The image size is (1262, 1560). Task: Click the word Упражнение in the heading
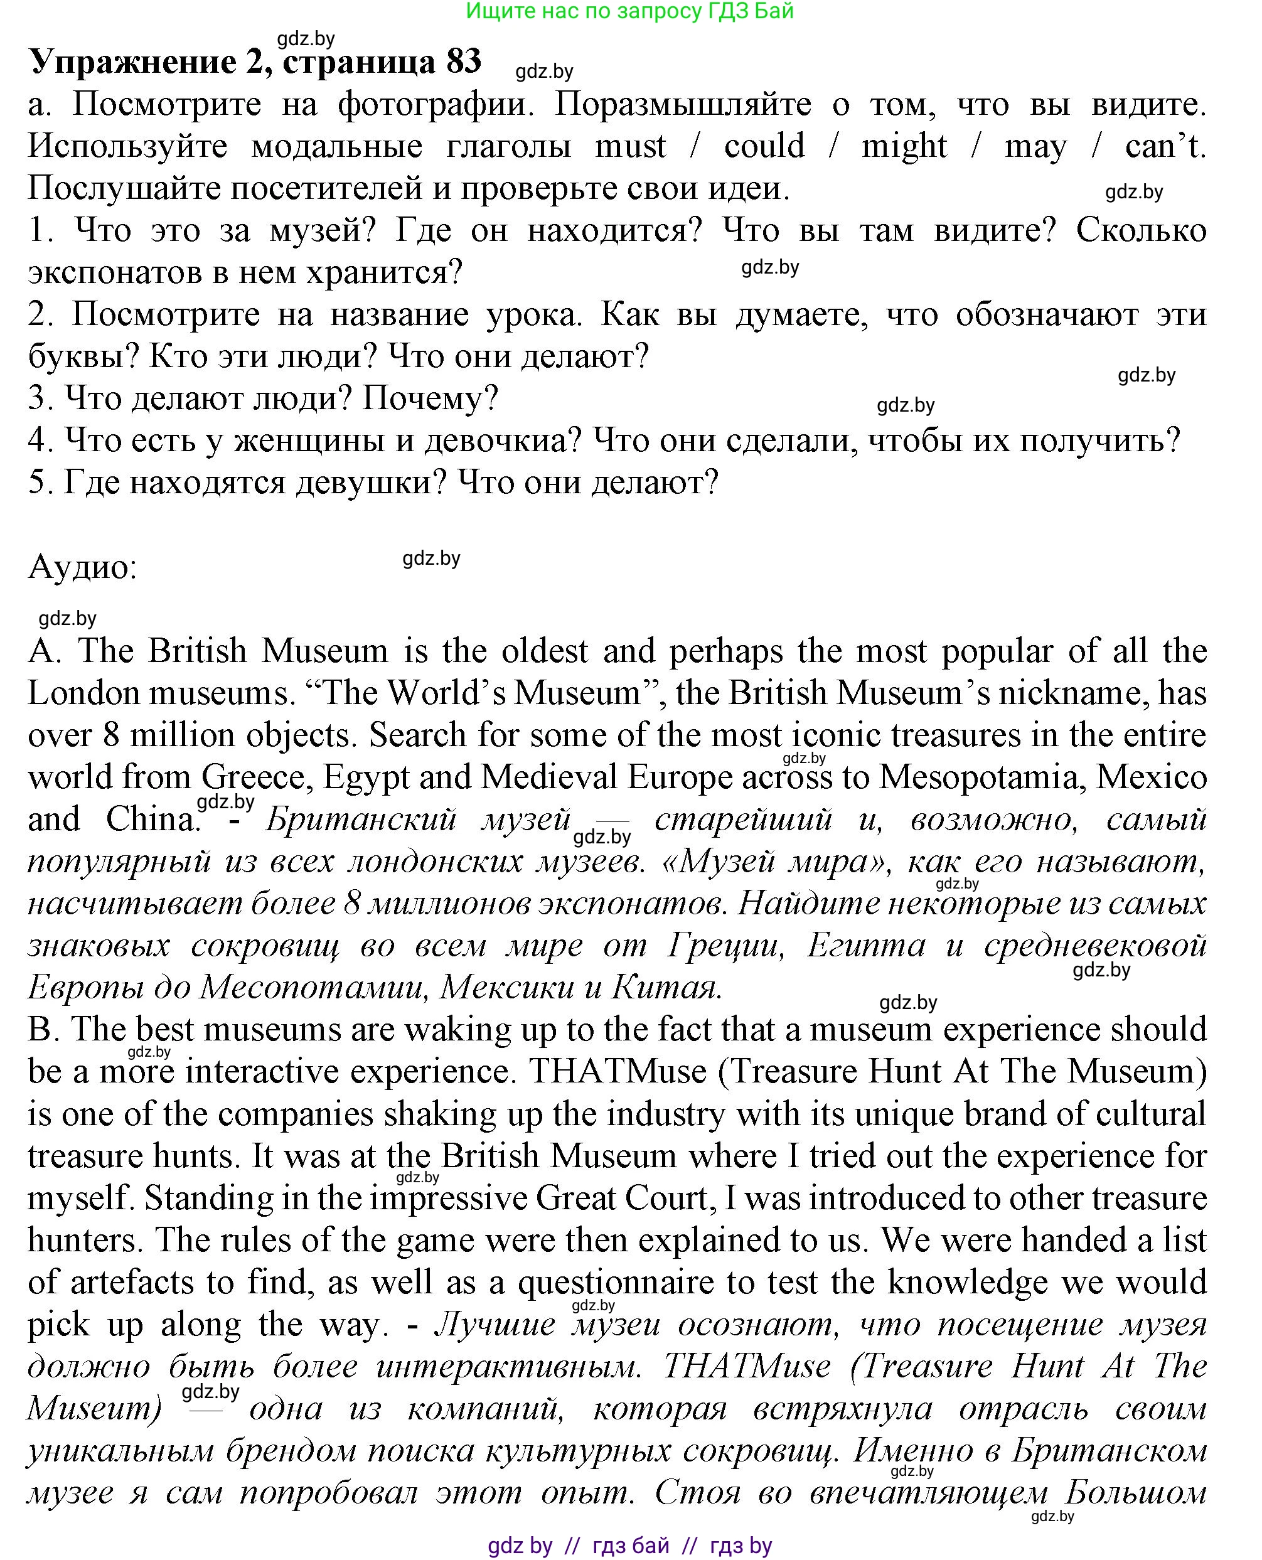click(x=132, y=63)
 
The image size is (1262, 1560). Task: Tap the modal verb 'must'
click(x=630, y=147)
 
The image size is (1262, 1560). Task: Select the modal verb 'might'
click(x=904, y=147)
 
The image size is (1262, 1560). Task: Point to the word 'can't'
click(x=1165, y=147)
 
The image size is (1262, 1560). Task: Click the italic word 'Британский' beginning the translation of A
click(x=361, y=820)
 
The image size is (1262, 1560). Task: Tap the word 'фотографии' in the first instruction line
click(x=436, y=105)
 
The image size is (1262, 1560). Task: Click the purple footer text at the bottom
click(x=629, y=1546)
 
